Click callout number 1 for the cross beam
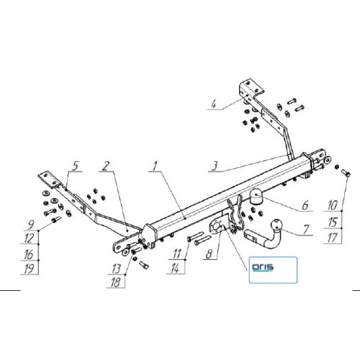155,166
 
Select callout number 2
106,166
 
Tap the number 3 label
215,166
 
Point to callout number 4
213,104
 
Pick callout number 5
76,166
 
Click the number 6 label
305,205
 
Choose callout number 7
306,230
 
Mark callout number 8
210,254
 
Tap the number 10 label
333,205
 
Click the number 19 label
29,269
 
